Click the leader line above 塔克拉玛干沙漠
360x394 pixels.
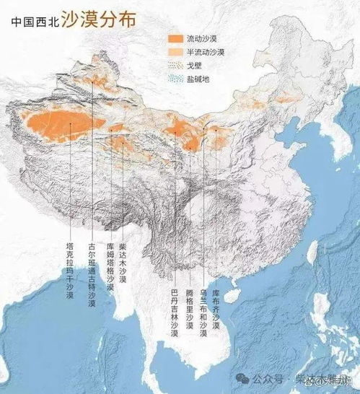point(70,180)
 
